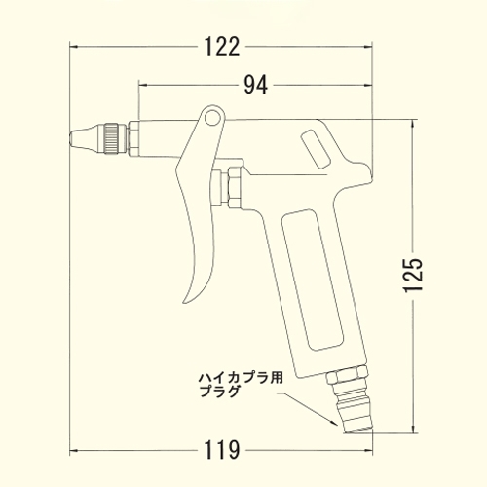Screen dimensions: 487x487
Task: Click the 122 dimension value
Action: [x=222, y=47]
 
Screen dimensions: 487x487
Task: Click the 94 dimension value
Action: [x=256, y=85]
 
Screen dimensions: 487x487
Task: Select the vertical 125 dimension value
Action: [x=413, y=275]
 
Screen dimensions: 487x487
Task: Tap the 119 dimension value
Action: [x=222, y=450]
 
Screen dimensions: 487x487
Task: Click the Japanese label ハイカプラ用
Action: [x=241, y=378]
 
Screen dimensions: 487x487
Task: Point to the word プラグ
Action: [x=219, y=392]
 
